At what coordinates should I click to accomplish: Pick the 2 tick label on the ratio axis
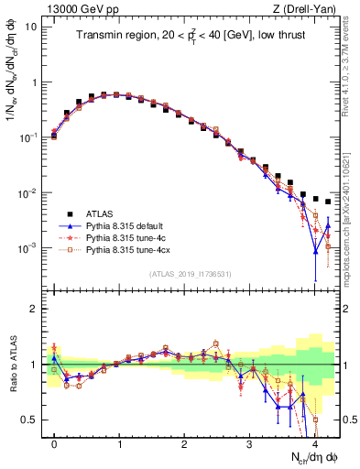[x=34, y=309]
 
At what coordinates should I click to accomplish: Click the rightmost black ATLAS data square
[x=328, y=202]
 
